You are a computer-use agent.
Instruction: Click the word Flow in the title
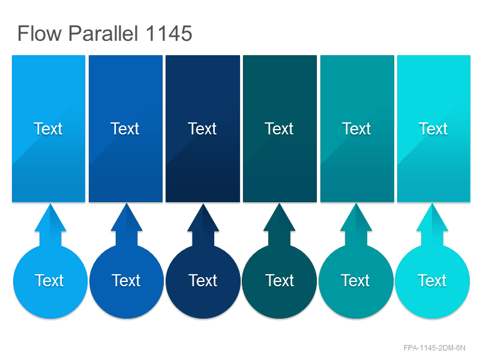click(40, 33)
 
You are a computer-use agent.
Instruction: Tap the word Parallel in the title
click(103, 33)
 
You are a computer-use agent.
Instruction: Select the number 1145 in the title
click(169, 33)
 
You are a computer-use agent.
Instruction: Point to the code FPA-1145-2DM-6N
click(434, 348)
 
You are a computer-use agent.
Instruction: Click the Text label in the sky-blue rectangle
click(48, 128)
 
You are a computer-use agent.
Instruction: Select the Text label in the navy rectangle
click(202, 128)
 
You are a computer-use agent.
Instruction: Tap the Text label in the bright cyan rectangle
click(433, 128)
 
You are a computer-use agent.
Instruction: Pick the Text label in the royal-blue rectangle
click(125, 128)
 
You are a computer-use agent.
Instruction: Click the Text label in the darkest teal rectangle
click(279, 128)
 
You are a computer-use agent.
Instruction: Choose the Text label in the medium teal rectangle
click(356, 128)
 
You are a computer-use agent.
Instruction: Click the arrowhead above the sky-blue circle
click(50, 218)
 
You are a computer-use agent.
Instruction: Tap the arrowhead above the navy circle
click(203, 218)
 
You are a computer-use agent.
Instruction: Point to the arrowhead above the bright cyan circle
click(432, 218)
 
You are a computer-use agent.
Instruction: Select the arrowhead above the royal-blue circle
click(127, 218)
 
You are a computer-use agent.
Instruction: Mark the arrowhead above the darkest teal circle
click(279, 218)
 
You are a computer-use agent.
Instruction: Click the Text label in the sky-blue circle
click(49, 280)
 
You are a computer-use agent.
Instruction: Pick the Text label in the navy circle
click(203, 280)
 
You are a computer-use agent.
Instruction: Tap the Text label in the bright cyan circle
click(432, 280)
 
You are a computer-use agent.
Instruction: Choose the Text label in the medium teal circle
click(355, 280)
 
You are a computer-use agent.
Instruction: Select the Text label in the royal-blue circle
click(126, 280)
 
